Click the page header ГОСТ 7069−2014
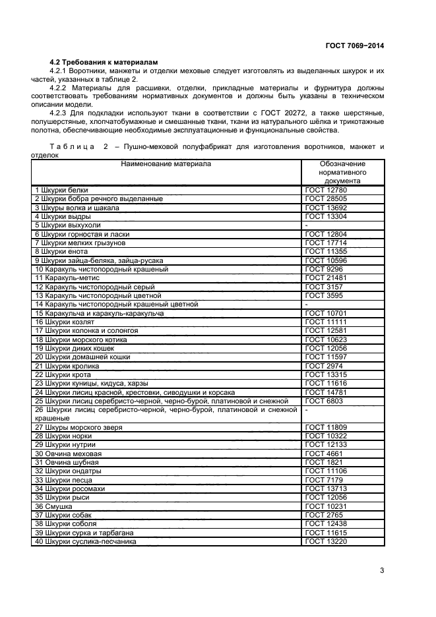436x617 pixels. (354, 46)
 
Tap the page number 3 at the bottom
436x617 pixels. (382, 570)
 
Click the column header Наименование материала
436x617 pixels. (166, 163)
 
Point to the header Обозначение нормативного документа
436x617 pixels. (342, 171)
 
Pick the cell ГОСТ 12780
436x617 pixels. (326, 191)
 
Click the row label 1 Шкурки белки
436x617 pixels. (61, 191)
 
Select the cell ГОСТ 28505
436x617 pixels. (326, 199)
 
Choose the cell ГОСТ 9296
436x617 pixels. (324, 269)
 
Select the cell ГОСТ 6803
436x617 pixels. (324, 400)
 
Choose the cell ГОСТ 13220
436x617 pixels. (326, 542)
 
